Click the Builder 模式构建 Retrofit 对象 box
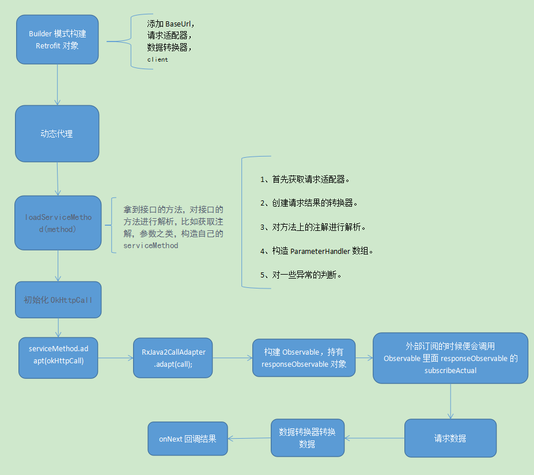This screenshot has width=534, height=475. pyautogui.click(x=57, y=39)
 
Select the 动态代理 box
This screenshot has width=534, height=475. pyautogui.click(x=57, y=134)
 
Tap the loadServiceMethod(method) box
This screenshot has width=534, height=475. pyautogui.click(x=58, y=223)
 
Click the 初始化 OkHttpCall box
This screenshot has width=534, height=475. pyautogui.click(x=58, y=299)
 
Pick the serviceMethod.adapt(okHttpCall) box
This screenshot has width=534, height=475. pyautogui.click(x=58, y=358)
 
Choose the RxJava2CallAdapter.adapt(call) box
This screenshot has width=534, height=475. pyautogui.click(x=173, y=358)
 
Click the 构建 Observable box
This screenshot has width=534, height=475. pyautogui.click(x=304, y=358)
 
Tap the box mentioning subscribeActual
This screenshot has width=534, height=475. pyautogui.click(x=450, y=358)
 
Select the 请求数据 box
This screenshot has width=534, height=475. pyautogui.click(x=450, y=438)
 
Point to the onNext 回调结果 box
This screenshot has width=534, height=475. pyautogui.click(x=188, y=439)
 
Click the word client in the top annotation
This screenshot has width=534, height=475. pyautogui.click(x=157, y=59)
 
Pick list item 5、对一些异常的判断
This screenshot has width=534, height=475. pyautogui.click(x=301, y=275)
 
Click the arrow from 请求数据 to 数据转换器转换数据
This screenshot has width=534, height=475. pyautogui.click(x=374, y=438)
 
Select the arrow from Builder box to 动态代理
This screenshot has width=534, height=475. pyautogui.click(x=57, y=84)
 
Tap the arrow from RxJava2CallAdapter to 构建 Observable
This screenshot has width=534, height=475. pyautogui.click(x=233, y=358)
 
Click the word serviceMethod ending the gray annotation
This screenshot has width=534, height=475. pyautogui.click(x=151, y=245)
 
